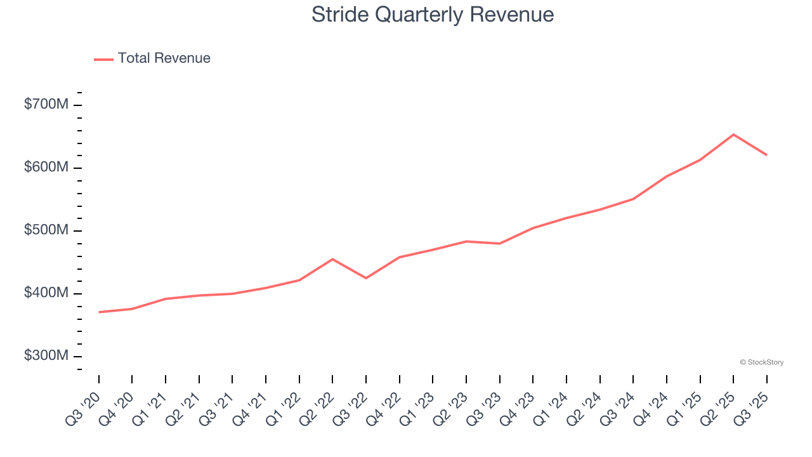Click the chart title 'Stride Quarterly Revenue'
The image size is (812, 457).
[433, 14]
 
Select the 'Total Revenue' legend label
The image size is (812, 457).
[164, 58]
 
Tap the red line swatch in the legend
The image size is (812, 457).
[103, 59]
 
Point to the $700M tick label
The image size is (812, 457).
[46, 105]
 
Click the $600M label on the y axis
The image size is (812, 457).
[46, 168]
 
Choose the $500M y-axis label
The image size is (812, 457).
[46, 230]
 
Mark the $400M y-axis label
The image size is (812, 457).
[46, 293]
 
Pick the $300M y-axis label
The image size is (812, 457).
[46, 356]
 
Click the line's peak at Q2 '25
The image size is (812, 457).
[733, 135]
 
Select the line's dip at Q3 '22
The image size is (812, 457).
[366, 278]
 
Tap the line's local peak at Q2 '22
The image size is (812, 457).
[332, 259]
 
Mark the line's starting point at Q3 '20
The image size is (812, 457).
[99, 312]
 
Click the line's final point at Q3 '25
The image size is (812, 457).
[766, 155]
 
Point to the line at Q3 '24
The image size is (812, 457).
[633, 199]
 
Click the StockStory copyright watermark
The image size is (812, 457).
[761, 362]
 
